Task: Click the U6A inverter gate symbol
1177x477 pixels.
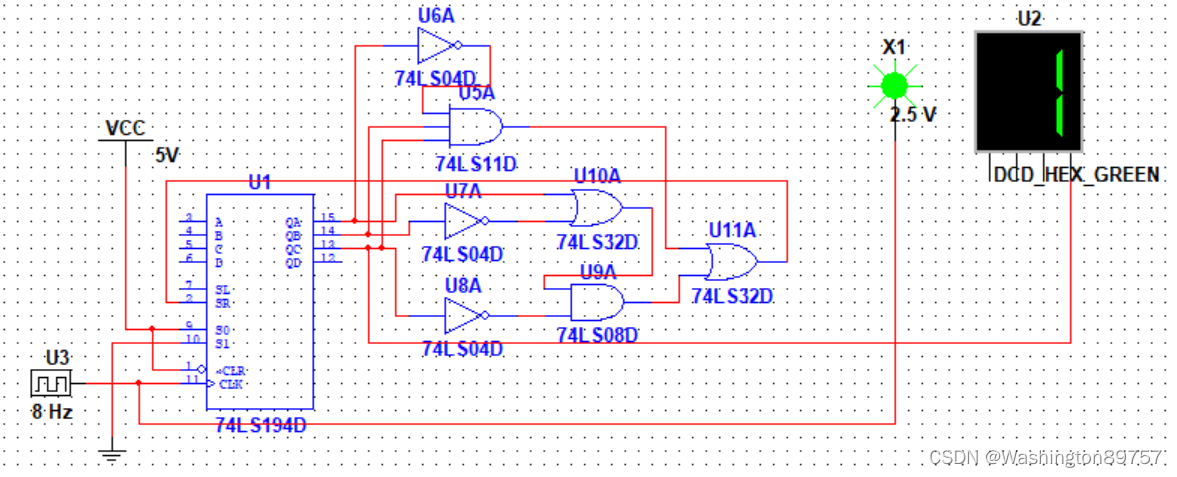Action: point(436,45)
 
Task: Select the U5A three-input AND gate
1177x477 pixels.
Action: point(471,128)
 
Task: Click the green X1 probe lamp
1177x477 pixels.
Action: point(894,84)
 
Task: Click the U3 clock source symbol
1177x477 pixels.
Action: point(49,382)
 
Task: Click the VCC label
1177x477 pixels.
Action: point(124,129)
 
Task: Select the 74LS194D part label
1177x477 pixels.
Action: point(260,426)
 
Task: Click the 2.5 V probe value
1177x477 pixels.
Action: point(913,115)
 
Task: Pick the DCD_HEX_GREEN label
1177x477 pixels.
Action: point(1076,175)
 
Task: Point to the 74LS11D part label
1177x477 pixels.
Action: point(475,162)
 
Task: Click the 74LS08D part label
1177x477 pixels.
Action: point(597,335)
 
